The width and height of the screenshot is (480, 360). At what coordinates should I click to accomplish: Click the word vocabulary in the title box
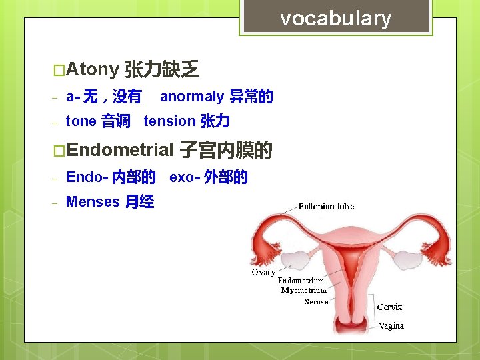(335, 18)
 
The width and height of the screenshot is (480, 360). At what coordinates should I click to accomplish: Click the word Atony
(93, 69)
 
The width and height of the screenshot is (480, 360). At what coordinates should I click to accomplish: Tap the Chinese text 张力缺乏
(162, 69)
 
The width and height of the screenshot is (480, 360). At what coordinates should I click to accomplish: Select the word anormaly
(192, 97)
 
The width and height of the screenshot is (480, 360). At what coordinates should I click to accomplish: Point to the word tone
(81, 121)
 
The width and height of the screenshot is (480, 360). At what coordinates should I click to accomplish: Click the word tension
(169, 121)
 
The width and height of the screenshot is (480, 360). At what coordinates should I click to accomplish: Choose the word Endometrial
(120, 150)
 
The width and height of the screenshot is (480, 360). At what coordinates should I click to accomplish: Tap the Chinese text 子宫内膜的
(226, 151)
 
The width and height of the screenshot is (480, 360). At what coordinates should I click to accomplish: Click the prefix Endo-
(87, 177)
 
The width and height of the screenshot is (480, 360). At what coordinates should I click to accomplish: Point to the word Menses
(93, 201)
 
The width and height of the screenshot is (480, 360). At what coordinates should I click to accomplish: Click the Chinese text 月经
(139, 202)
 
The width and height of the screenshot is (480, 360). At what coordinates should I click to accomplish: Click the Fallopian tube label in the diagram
(326, 207)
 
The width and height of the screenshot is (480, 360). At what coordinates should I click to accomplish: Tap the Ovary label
(263, 272)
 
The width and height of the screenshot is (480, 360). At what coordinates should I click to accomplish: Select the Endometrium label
(301, 281)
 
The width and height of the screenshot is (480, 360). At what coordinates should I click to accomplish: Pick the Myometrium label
(304, 291)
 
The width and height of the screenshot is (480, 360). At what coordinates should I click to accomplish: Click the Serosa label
(316, 302)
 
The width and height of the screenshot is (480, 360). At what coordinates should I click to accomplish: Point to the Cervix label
(389, 307)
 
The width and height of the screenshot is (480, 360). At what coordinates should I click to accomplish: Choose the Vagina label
(391, 326)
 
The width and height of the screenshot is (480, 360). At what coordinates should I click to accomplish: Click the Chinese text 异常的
(251, 97)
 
